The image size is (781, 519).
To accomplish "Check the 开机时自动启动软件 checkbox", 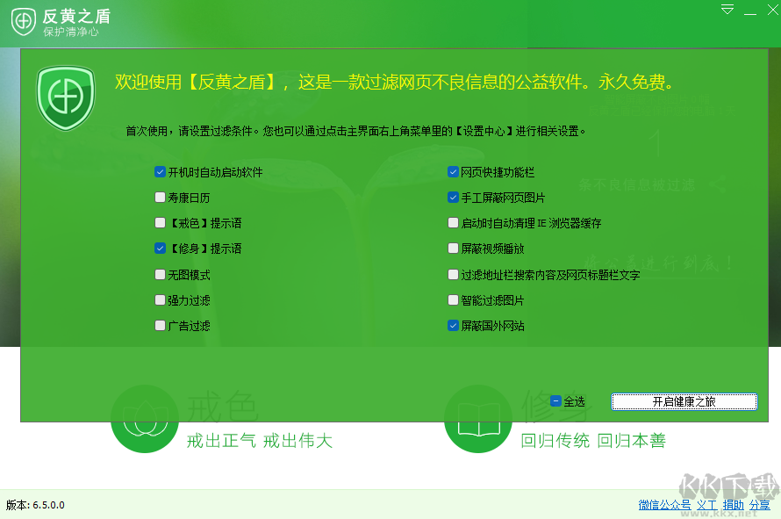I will [160, 172].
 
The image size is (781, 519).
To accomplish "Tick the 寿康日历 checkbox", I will [160, 198].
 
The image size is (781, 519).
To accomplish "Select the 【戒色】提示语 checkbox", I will [160, 223].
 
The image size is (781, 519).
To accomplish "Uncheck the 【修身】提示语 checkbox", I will [160, 249].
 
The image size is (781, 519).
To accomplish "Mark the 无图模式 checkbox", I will [160, 275].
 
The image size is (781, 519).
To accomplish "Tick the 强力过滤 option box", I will [160, 300].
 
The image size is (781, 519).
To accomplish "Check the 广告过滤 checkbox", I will [160, 326].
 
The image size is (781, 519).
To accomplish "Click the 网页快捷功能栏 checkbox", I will [453, 172].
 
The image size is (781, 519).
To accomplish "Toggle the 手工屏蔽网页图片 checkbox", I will [453, 198].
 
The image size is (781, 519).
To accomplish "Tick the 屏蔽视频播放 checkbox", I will [453, 249].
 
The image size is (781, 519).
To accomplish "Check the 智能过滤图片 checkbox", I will [453, 300].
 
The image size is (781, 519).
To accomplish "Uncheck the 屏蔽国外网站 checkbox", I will [453, 326].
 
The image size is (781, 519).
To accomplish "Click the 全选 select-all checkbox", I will [555, 401].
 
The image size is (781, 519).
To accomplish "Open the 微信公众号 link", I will [664, 505].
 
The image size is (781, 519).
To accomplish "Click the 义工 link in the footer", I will [706, 505].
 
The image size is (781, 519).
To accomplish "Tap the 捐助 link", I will [733, 505].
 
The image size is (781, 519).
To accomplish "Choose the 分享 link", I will [759, 505].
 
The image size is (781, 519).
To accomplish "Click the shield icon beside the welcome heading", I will [65, 97].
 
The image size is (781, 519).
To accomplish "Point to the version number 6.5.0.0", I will [48, 505].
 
